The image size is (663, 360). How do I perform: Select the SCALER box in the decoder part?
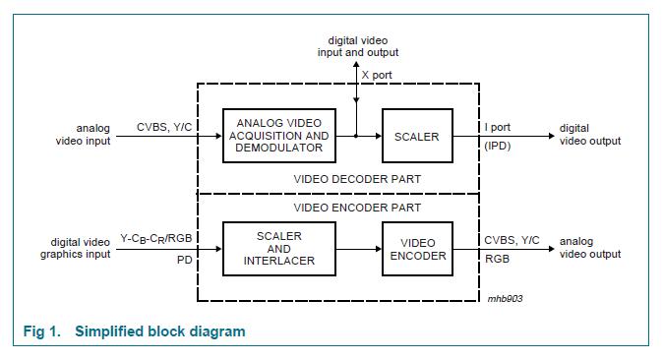pyautogui.click(x=416, y=136)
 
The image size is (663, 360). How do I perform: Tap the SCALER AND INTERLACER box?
pyautogui.click(x=278, y=249)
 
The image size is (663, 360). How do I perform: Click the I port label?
pyautogui.click(x=498, y=128)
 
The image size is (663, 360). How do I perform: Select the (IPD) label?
pyautogui.click(x=497, y=146)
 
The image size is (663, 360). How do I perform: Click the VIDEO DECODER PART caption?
pyautogui.click(x=357, y=179)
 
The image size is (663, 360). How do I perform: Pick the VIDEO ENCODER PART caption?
pyautogui.click(x=357, y=208)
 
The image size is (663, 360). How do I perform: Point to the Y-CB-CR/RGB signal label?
pyautogui.click(x=155, y=238)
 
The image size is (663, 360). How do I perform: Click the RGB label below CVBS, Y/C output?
pyautogui.click(x=496, y=262)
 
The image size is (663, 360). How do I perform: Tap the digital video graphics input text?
pyautogui.click(x=75, y=248)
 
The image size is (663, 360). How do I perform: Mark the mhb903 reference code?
pyautogui.click(x=506, y=299)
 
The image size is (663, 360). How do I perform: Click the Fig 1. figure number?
pyautogui.click(x=43, y=331)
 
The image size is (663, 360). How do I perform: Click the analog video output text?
pyautogui.click(x=590, y=248)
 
